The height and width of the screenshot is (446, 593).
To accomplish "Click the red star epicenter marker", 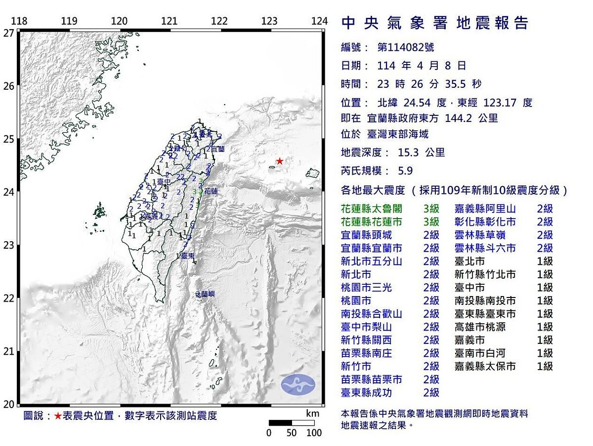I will tap(280, 161).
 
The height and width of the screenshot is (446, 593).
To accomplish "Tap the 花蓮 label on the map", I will tap(211, 190).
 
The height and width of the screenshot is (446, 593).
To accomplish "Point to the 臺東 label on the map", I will tap(187, 256).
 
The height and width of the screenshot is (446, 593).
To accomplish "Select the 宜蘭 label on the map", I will tap(218, 149).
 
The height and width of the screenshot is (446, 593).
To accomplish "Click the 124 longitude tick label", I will tap(320, 21).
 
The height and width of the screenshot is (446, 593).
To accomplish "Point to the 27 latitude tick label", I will tap(8, 33).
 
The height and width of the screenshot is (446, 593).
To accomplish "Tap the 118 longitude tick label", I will tap(19, 21).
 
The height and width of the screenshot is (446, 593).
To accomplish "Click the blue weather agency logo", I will tap(297, 384).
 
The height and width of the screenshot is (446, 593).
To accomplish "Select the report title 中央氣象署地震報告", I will tap(435, 23).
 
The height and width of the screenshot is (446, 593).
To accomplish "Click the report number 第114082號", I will tap(406, 47).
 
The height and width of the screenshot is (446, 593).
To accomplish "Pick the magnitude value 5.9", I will tap(405, 171).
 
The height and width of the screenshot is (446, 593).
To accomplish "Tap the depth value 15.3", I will tap(409, 152).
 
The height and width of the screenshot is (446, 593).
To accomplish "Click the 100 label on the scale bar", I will tap(314, 433).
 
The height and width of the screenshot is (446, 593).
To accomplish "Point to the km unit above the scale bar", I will tap(312, 413).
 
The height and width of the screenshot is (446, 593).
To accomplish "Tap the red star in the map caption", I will tap(58, 416).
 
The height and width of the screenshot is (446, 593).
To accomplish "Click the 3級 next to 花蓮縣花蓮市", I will tap(431, 222).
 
